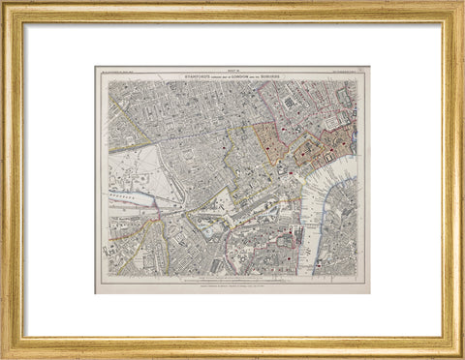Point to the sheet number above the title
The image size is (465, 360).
pos(233,69)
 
